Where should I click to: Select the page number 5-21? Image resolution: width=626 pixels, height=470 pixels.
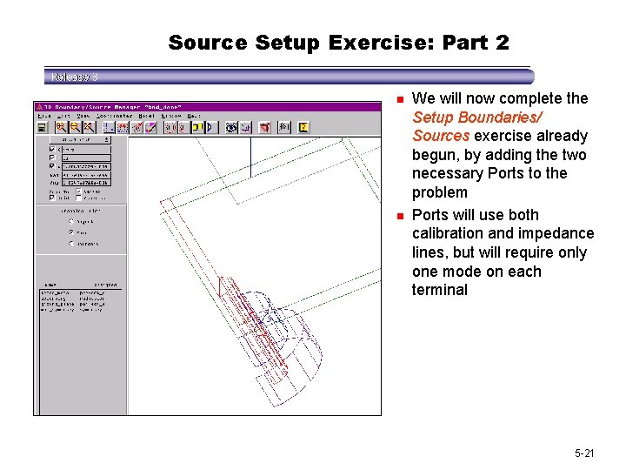pyautogui.click(x=584, y=453)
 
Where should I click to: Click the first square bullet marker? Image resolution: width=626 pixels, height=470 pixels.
pyautogui.click(x=398, y=99)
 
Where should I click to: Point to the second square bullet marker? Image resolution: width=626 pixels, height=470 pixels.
pyautogui.click(x=398, y=216)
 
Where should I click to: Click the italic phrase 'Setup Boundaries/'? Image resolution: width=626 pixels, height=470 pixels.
pyautogui.click(x=477, y=117)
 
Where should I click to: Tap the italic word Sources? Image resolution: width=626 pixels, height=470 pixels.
pyautogui.click(x=441, y=136)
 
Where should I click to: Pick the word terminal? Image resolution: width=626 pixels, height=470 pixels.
pyautogui.click(x=439, y=290)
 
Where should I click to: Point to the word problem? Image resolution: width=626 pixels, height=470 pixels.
pyautogui.click(x=439, y=192)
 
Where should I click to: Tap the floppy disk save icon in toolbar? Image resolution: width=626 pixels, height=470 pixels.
pyautogui.click(x=41, y=127)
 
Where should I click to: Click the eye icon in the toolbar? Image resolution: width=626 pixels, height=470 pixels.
pyautogui.click(x=231, y=127)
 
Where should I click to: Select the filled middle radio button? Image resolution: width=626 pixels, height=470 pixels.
pyautogui.click(x=71, y=232)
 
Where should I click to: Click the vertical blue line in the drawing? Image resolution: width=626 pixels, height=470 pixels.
pyautogui.click(x=250, y=157)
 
